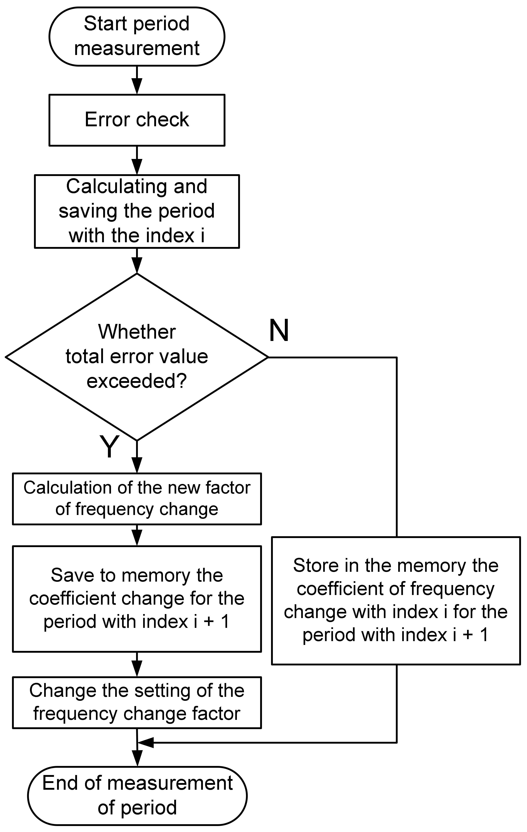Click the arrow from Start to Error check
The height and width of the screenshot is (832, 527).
(137, 80)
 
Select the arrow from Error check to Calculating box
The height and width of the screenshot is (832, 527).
(137, 160)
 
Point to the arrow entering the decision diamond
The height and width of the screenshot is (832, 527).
(137, 261)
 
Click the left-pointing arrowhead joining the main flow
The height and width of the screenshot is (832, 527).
(145, 743)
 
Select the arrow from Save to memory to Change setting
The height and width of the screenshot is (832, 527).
(137, 664)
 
